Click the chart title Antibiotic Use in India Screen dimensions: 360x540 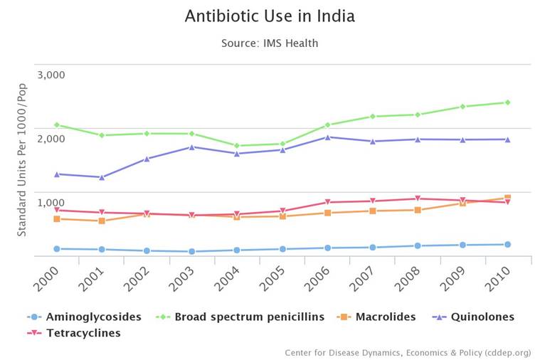pyautogui.click(x=270, y=16)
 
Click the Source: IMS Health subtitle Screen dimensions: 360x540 pyautogui.click(x=270, y=43)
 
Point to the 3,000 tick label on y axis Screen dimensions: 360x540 pyautogui.click(x=51, y=75)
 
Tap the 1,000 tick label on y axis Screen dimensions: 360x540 pyautogui.click(x=51, y=203)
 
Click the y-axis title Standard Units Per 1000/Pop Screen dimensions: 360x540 pyautogui.click(x=22, y=160)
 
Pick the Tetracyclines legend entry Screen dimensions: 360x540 pyautogui.click(x=83, y=333)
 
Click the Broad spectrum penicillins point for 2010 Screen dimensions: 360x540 pyautogui.click(x=507, y=102)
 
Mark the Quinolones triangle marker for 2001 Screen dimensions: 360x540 pyautogui.click(x=102, y=177)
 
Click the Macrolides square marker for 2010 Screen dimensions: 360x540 pyautogui.click(x=507, y=198)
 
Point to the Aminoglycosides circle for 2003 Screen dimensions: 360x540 pyautogui.click(x=192, y=251)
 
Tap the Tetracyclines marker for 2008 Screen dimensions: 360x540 pyautogui.click(x=418, y=198)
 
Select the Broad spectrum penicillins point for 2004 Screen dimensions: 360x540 pyautogui.click(x=237, y=146)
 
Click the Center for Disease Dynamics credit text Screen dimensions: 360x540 pyautogui.click(x=407, y=352)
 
